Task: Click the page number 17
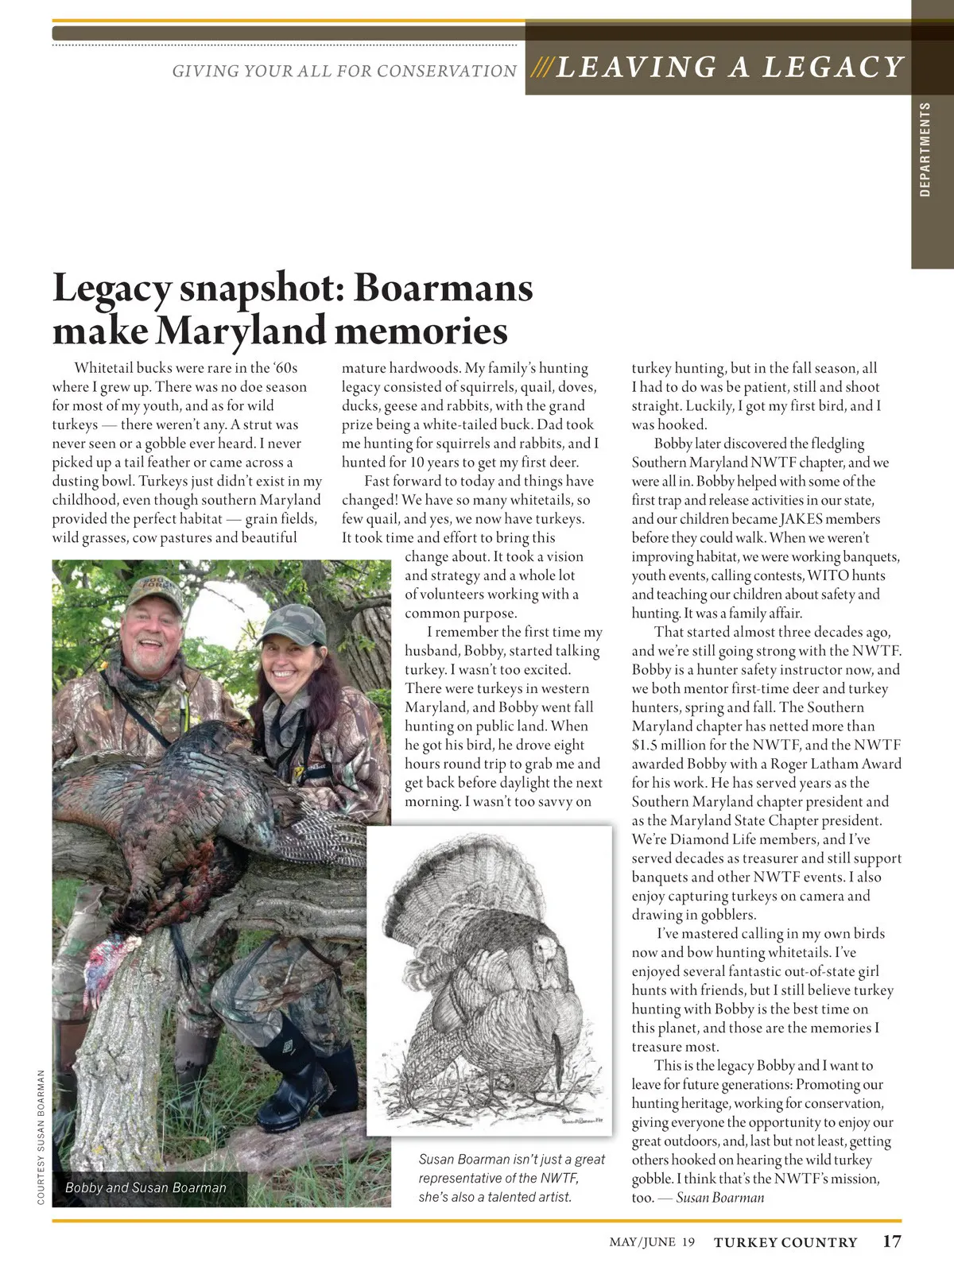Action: coord(891,1241)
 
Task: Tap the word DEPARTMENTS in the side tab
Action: coord(925,149)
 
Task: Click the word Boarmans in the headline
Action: coord(443,287)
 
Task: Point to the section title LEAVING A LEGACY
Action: coord(730,68)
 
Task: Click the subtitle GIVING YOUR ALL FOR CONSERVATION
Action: coord(344,72)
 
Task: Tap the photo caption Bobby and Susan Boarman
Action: coord(145,1187)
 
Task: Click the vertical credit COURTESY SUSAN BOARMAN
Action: coord(41,1137)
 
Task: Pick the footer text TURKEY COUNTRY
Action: coord(785,1242)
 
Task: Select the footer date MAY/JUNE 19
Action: coord(652,1242)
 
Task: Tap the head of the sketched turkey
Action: coord(544,950)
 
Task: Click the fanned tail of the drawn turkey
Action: coord(469,882)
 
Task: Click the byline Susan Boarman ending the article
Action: coord(719,1198)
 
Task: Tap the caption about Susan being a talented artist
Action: coord(511,1178)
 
